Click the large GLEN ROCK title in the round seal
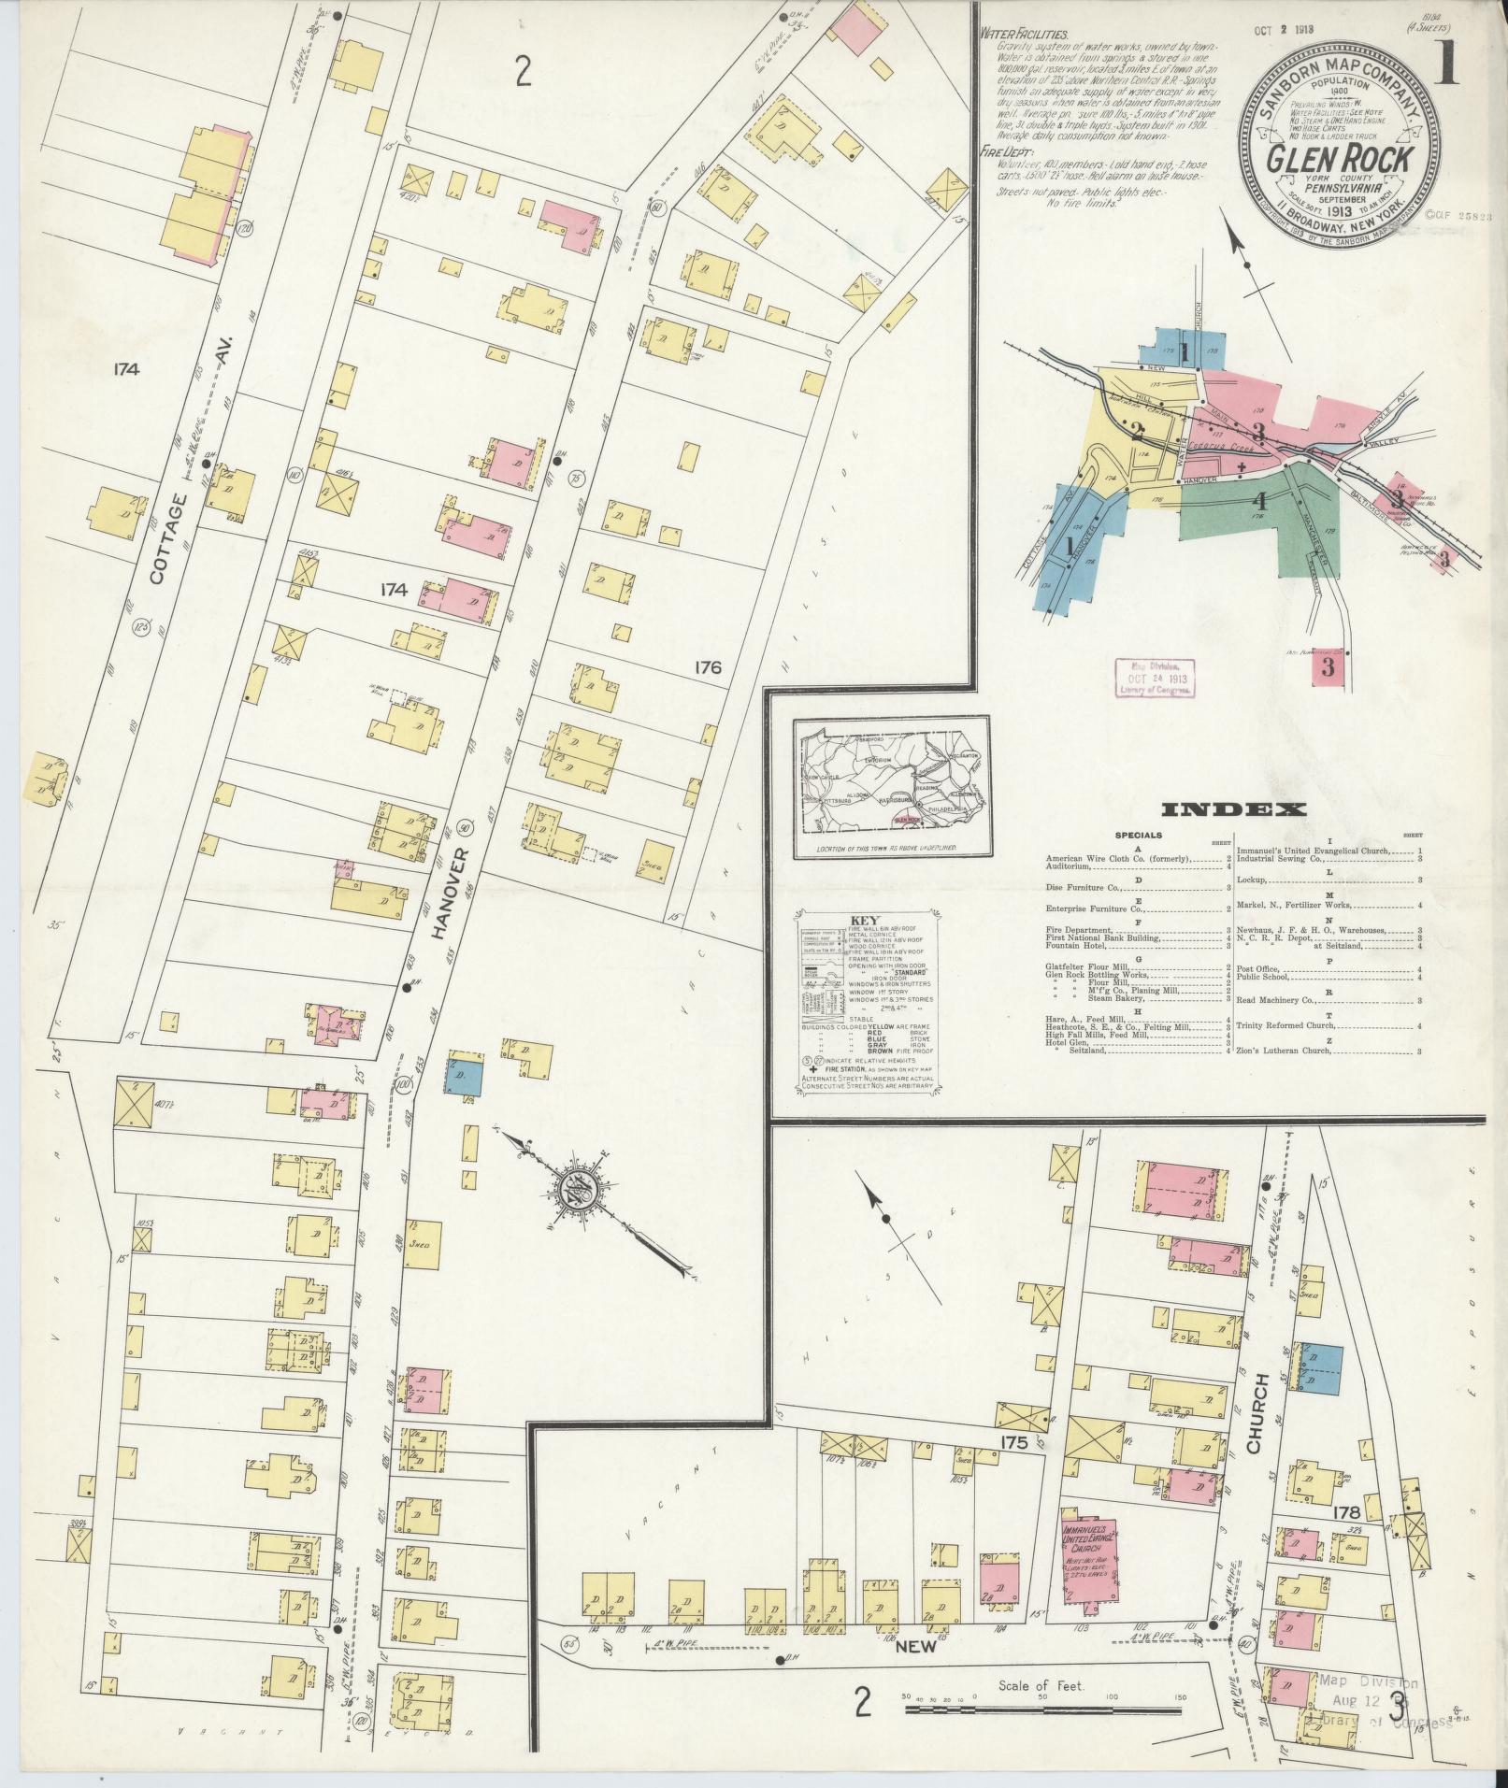[1339, 159]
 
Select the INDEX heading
[1233, 809]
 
